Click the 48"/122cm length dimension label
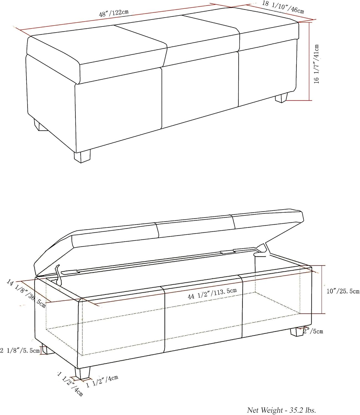point(114,13)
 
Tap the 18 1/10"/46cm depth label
point(283,7)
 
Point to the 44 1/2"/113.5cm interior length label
point(212,293)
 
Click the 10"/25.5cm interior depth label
point(343,291)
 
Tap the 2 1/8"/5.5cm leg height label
point(20,351)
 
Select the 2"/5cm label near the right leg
point(313,331)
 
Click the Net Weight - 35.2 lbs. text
point(281,410)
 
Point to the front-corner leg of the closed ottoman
point(82,156)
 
